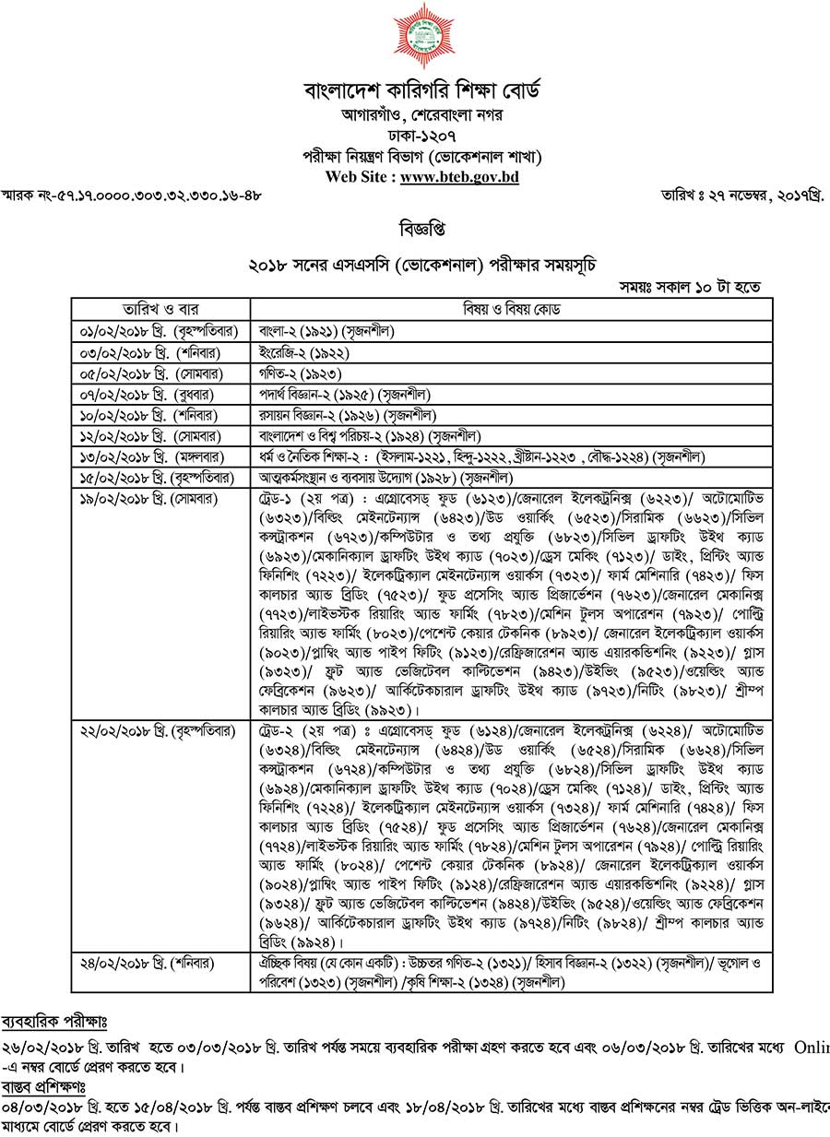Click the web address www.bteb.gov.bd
click(x=459, y=178)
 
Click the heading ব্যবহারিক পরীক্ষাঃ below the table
click(x=54, y=1022)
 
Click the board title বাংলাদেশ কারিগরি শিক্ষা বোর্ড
click(x=422, y=91)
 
